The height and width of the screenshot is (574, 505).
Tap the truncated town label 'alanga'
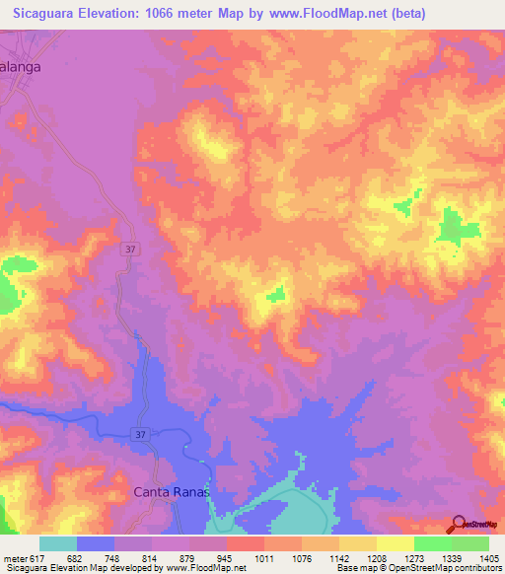23,71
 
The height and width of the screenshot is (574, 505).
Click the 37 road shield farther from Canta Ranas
130,250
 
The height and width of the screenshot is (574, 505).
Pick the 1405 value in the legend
489,558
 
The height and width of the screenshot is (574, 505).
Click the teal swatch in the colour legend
58,543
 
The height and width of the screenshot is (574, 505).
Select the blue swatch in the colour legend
96,543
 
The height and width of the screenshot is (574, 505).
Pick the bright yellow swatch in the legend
395,543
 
